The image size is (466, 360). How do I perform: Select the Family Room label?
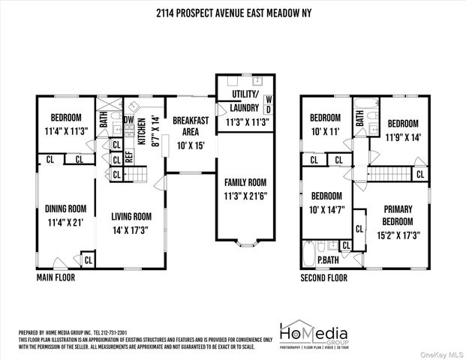click(245, 188)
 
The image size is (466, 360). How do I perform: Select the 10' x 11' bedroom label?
click(325, 124)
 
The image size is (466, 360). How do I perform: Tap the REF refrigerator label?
click(128, 157)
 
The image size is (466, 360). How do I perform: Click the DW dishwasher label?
click(128, 119)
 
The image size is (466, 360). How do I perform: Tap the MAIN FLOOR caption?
click(56, 277)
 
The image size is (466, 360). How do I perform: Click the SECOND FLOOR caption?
click(323, 277)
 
